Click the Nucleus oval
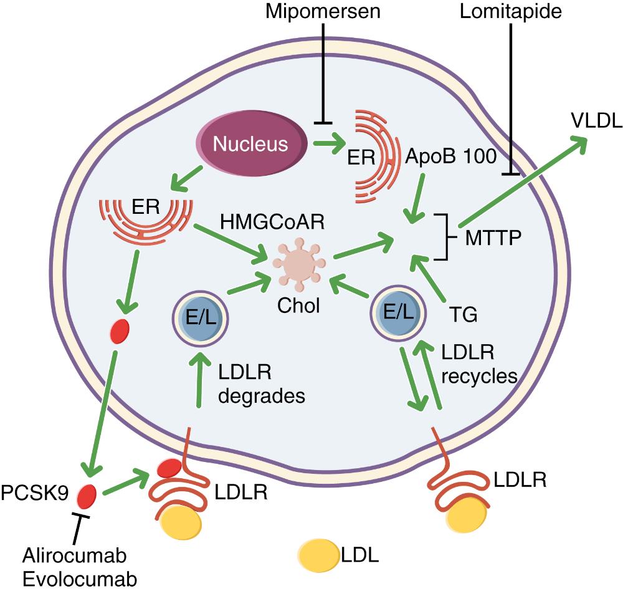251,145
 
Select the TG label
464,315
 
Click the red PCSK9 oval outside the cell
87,496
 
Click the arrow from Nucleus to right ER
329,144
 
